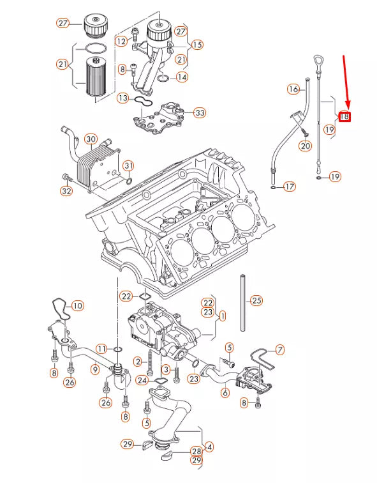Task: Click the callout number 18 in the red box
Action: tap(344, 116)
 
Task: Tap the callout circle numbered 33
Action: tap(200, 113)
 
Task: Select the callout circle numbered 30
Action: tap(90, 139)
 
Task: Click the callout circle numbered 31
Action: tap(129, 167)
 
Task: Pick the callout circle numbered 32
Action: tap(66, 190)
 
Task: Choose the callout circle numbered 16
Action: tap(293, 89)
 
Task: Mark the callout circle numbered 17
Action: tap(290, 187)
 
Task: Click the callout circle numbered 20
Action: tap(305, 146)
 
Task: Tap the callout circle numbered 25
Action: tap(256, 300)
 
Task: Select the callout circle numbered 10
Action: tap(77, 305)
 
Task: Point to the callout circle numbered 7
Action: tap(279, 350)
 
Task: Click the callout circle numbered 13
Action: tap(123, 98)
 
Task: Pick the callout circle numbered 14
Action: tap(182, 77)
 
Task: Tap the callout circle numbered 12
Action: tap(122, 41)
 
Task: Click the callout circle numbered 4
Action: tap(209, 447)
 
